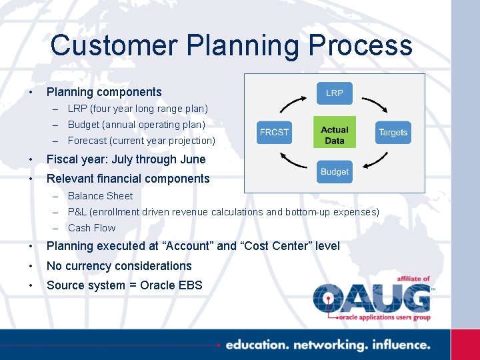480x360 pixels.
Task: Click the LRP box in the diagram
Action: click(x=334, y=93)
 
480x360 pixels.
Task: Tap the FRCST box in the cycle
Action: click(x=275, y=132)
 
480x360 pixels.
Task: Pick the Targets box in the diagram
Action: click(x=393, y=132)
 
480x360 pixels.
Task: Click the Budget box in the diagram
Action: click(x=334, y=172)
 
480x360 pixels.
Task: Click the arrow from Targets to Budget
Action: click(x=374, y=161)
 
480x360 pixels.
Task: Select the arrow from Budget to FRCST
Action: click(x=294, y=161)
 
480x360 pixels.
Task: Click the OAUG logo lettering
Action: click(x=372, y=298)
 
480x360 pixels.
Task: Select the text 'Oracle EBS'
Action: click(x=171, y=285)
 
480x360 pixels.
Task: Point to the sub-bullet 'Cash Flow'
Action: click(x=91, y=228)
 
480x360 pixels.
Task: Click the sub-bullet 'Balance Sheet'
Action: click(x=100, y=196)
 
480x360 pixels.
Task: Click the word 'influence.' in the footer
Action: click(x=399, y=345)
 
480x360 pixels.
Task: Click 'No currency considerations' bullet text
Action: click(x=119, y=266)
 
